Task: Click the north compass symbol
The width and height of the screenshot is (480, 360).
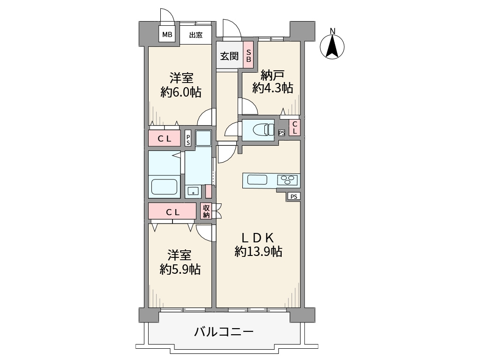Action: pyautogui.click(x=332, y=47)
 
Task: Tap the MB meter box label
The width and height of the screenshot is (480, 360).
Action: pyautogui.click(x=167, y=35)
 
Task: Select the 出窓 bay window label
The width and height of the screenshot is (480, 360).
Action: pyautogui.click(x=196, y=35)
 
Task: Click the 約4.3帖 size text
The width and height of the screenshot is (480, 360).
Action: pyautogui.click(x=273, y=88)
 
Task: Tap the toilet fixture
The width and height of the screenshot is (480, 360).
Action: pyautogui.click(x=263, y=129)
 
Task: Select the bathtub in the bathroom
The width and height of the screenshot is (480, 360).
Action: pyautogui.click(x=164, y=187)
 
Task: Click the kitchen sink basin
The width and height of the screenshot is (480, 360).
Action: pyautogui.click(x=257, y=180)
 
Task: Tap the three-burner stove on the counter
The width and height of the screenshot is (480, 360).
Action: pyautogui.click(x=287, y=180)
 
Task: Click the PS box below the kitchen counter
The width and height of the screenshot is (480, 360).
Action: pyautogui.click(x=293, y=196)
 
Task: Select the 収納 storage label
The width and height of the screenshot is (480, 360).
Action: pyautogui.click(x=206, y=211)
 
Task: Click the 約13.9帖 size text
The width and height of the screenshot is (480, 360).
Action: pyautogui.click(x=258, y=252)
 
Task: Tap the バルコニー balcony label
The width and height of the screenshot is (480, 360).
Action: pyautogui.click(x=224, y=332)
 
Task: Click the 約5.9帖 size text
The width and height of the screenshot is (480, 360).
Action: pyautogui.click(x=180, y=269)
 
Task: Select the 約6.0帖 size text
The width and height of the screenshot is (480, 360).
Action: pyautogui.click(x=181, y=92)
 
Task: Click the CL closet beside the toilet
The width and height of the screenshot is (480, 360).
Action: pyautogui.click(x=294, y=128)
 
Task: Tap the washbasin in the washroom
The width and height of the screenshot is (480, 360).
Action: pyautogui.click(x=192, y=191)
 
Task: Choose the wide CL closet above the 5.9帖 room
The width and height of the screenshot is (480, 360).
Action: pyautogui.click(x=172, y=211)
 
